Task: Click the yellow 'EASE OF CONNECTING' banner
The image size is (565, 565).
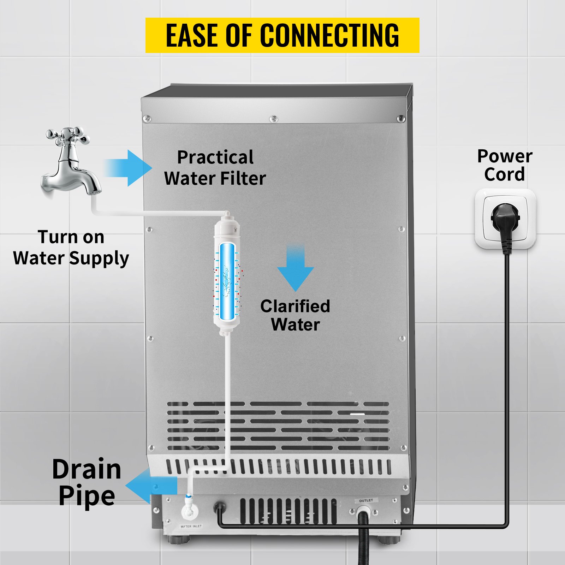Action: point(282,35)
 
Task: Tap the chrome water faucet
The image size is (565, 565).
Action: point(71,166)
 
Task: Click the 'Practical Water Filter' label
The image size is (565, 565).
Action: point(215,168)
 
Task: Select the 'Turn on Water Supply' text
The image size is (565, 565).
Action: point(71,248)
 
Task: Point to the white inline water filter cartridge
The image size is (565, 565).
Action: point(227,275)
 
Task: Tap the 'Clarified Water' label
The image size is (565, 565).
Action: point(295,315)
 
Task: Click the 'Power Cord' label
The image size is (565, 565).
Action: point(504,165)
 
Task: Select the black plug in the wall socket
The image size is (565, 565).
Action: point(506,222)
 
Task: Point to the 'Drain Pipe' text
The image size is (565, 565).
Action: point(87,482)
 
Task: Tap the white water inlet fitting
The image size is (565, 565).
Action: point(187,512)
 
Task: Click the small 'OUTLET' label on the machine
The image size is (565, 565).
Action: point(366,500)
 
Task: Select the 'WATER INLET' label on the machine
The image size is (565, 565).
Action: point(191,527)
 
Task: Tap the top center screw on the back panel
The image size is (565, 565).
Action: point(273,119)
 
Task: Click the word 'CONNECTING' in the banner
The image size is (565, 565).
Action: point(329,35)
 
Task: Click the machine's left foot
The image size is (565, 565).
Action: point(180,540)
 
